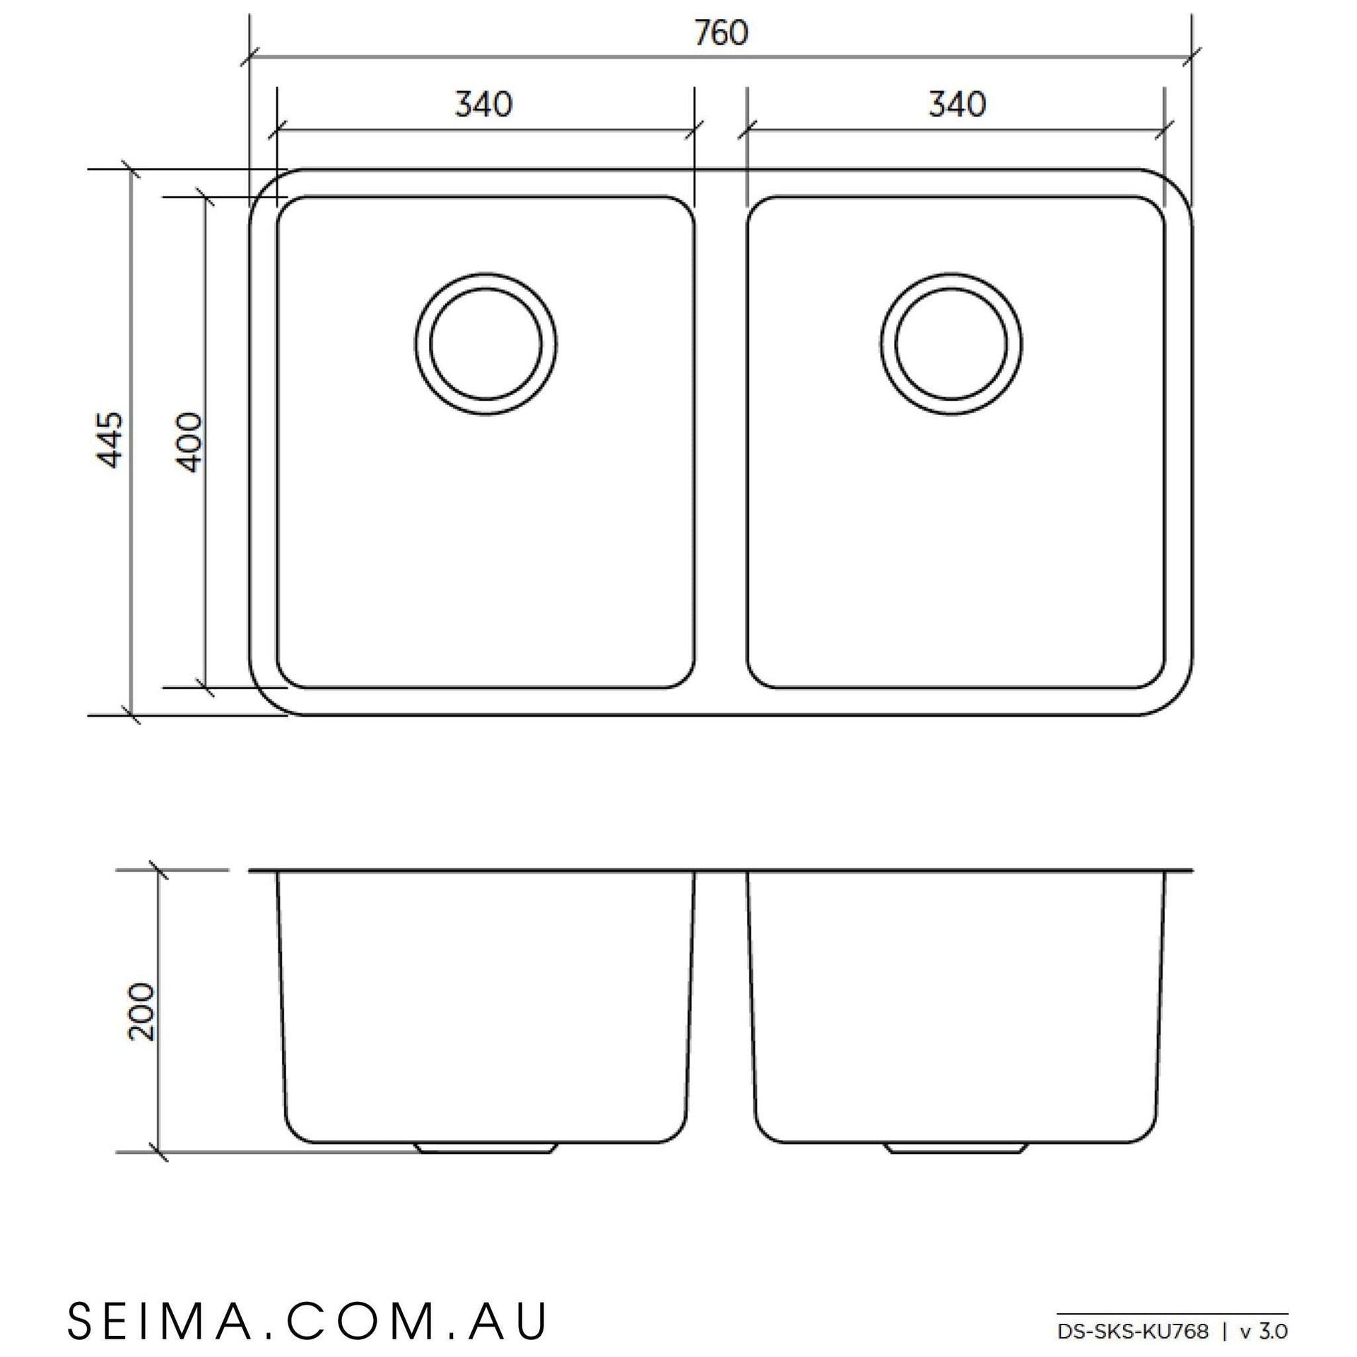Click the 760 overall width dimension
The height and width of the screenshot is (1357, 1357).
click(x=720, y=33)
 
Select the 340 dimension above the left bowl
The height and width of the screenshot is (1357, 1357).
click(x=483, y=105)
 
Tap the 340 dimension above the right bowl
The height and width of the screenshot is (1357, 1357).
click(x=957, y=105)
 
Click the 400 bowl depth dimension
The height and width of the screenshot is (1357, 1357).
click(x=189, y=442)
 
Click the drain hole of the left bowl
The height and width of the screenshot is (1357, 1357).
click(x=486, y=345)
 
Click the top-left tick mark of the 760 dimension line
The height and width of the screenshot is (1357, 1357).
click(x=250, y=58)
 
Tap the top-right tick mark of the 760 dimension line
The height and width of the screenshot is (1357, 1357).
click(x=1192, y=58)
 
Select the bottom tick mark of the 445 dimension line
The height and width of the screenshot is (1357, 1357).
click(x=131, y=715)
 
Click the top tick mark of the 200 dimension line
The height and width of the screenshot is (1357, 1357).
click(x=159, y=870)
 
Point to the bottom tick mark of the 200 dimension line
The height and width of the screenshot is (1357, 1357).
click(x=159, y=1153)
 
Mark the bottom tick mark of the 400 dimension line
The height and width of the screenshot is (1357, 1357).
click(x=205, y=687)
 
